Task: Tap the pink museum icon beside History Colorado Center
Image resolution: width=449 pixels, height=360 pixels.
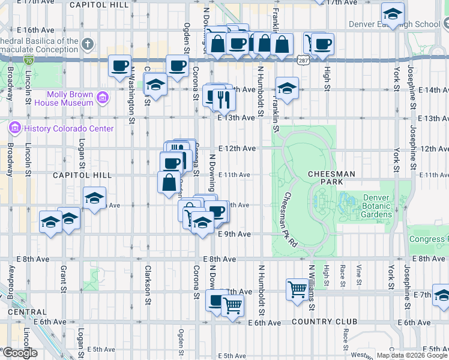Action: click(x=14, y=128)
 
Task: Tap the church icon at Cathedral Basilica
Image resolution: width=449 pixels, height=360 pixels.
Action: click(x=88, y=44)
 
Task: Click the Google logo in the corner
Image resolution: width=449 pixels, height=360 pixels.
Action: click(x=19, y=353)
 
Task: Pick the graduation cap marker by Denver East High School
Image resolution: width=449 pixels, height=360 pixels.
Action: click(x=393, y=14)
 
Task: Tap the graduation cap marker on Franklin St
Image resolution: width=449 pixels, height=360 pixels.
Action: click(x=287, y=88)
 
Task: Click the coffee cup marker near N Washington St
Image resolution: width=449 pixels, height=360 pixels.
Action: click(x=119, y=65)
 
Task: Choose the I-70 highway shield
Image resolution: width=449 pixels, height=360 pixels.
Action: click(x=29, y=59)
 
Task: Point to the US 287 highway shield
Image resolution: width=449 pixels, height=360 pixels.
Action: click(x=302, y=59)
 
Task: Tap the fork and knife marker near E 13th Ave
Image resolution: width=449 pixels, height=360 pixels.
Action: click(x=224, y=98)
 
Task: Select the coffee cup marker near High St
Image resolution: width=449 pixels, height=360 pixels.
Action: click(x=323, y=44)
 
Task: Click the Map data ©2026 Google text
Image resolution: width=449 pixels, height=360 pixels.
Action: click(x=412, y=355)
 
